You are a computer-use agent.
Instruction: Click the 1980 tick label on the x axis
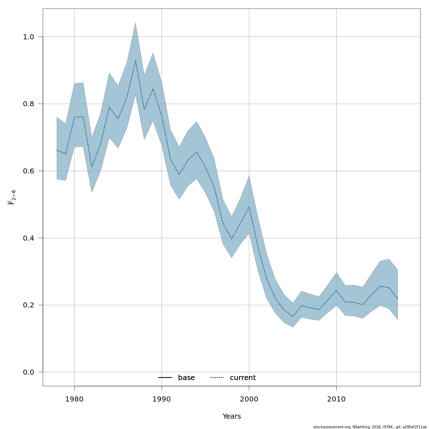click(74, 399)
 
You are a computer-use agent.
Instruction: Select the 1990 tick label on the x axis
click(162, 399)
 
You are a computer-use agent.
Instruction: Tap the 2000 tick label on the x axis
click(249, 399)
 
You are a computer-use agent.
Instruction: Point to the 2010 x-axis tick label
click(336, 399)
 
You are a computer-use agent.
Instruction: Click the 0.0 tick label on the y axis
click(28, 372)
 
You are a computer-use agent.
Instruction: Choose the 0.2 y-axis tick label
click(28, 305)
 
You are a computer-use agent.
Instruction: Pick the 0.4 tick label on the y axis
click(28, 238)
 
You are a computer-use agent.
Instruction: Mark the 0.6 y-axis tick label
click(28, 171)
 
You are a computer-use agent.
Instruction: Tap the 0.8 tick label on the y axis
click(28, 104)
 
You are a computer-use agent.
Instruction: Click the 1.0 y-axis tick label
click(28, 37)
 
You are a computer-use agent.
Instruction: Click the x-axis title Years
click(232, 416)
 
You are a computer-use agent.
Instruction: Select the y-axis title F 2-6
click(12, 197)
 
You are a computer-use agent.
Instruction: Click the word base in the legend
click(186, 378)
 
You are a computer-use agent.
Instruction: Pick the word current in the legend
click(243, 378)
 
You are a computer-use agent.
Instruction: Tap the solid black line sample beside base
click(165, 378)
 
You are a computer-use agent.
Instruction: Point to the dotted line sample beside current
click(217, 378)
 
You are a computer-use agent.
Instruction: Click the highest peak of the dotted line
click(135, 61)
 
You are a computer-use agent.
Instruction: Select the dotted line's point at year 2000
click(249, 207)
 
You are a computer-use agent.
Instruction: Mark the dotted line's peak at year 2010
click(336, 291)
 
